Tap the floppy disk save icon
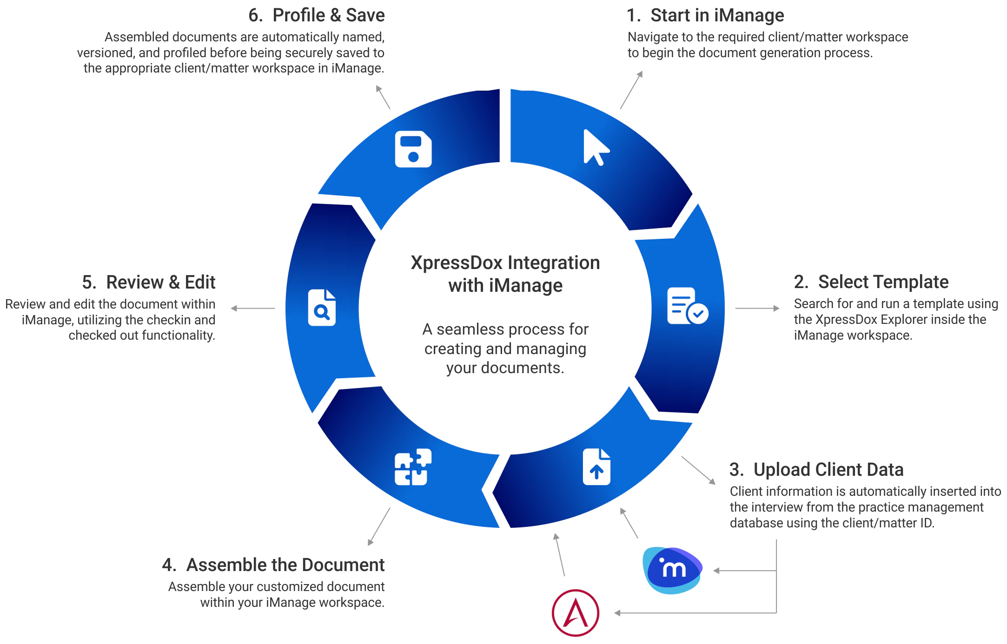tap(413, 149)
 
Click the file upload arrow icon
tap(596, 467)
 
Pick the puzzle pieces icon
tap(413, 467)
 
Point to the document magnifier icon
tap(322, 308)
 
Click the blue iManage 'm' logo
tap(672, 570)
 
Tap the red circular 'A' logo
tap(576, 613)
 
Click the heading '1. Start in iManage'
tap(705, 15)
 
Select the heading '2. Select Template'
tap(871, 282)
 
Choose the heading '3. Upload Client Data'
tap(816, 469)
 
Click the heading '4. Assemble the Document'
tap(273, 565)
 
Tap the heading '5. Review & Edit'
tap(149, 282)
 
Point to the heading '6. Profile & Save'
tap(316, 15)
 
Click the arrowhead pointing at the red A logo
tap(617, 613)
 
